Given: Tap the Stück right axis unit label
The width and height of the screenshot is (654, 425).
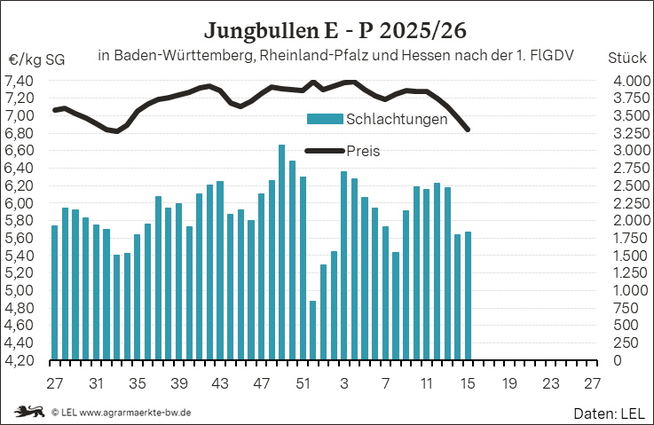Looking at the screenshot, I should pyautogui.click(x=626, y=59).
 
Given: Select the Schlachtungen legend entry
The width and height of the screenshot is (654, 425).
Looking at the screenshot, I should pyautogui.click(x=396, y=119).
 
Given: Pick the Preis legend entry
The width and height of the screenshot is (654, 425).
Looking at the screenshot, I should pyautogui.click(x=362, y=151).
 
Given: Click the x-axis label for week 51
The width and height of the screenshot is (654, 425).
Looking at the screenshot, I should pyautogui.click(x=303, y=384).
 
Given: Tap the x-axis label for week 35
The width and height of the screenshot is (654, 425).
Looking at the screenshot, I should pyautogui.click(x=137, y=384).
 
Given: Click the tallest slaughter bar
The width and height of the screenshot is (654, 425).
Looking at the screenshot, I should pyautogui.click(x=281, y=252).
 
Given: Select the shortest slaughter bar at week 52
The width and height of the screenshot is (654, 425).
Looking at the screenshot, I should pyautogui.click(x=312, y=330).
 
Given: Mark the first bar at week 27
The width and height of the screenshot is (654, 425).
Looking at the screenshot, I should pyautogui.click(x=54, y=293).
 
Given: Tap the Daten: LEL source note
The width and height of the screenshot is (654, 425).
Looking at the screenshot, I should pyautogui.click(x=608, y=413).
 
